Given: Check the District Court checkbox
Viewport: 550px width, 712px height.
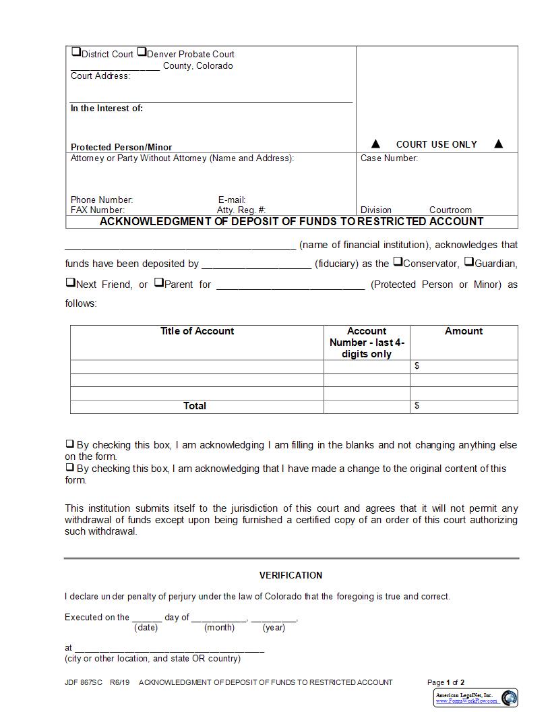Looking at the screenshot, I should pos(75,52).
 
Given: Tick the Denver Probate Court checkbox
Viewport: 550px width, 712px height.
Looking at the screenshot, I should pos(142,52).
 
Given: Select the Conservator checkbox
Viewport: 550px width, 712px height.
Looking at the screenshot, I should pos(398,262).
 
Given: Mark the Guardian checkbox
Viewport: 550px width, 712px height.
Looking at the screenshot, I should pos(469,262).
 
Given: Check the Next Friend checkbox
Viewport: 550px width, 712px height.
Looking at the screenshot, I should pos(70,283).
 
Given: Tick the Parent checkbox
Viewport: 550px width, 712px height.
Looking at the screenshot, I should pos(158,283).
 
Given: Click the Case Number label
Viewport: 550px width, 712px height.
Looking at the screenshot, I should pos(389,158).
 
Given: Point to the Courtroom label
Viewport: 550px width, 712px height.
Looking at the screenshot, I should pos(450,210).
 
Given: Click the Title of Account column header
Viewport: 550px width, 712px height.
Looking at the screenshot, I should pos(197,331).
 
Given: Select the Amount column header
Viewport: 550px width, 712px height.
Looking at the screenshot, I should pos(464,331).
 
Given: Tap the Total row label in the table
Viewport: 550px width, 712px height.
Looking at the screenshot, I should pos(195,406).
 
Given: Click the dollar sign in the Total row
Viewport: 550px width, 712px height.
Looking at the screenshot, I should pos(417,405).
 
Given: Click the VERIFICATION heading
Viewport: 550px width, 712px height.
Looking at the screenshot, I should pos(291,575).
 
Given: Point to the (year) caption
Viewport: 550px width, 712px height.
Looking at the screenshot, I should pos(274,628).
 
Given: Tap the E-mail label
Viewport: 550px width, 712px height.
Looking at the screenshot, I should pos(231,200).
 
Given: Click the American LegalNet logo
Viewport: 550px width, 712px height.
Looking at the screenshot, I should pos(475,697).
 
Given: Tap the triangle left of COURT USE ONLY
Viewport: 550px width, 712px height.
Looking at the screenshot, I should pos(376,144).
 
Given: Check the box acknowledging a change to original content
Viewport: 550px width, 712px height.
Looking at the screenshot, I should pos(69,467).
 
